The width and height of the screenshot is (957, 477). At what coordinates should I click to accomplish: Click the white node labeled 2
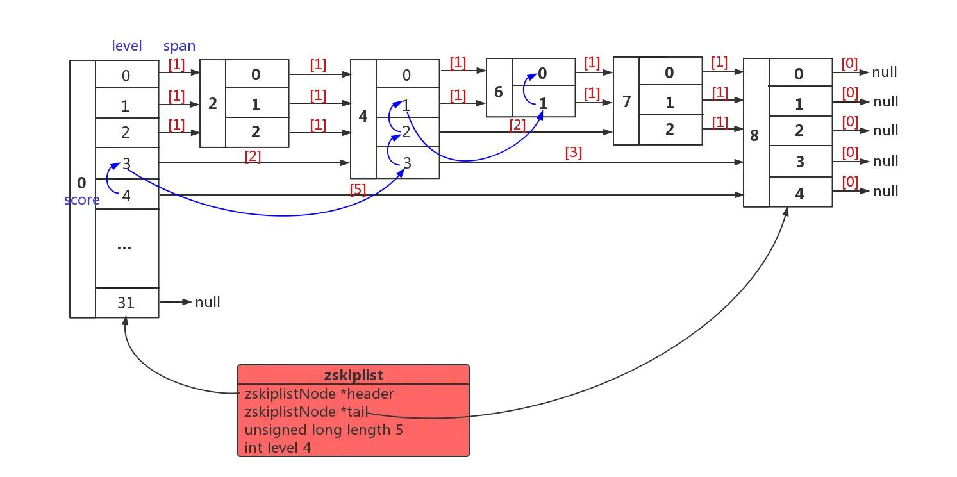[x=213, y=103]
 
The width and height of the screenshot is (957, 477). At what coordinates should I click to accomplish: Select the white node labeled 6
[x=499, y=87]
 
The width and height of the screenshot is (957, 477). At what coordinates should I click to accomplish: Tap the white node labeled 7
[x=626, y=101]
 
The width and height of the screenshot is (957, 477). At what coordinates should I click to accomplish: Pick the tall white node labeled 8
[x=755, y=133]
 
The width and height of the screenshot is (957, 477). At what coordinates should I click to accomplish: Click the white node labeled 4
[x=363, y=118]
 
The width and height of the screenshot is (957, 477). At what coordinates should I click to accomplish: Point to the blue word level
[x=128, y=46]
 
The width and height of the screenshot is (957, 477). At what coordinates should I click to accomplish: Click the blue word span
[x=179, y=46]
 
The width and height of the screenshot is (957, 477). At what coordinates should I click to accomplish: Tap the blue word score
[x=81, y=200]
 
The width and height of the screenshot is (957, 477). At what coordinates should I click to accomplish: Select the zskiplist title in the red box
[x=353, y=376]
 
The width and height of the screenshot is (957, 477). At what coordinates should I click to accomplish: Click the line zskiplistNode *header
[x=319, y=394]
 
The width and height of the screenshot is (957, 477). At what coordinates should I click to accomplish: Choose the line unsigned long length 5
[x=324, y=430]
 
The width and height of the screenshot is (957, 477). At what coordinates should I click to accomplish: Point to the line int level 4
[x=278, y=448]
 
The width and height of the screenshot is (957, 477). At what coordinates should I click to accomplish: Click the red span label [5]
[x=358, y=189]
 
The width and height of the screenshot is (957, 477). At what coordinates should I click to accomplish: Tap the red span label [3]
[x=573, y=152]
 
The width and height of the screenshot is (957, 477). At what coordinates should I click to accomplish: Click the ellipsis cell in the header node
[x=126, y=247]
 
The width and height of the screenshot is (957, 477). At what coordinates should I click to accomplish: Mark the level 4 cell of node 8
[x=799, y=192]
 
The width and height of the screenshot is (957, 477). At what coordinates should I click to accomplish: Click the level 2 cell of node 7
[x=669, y=130]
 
